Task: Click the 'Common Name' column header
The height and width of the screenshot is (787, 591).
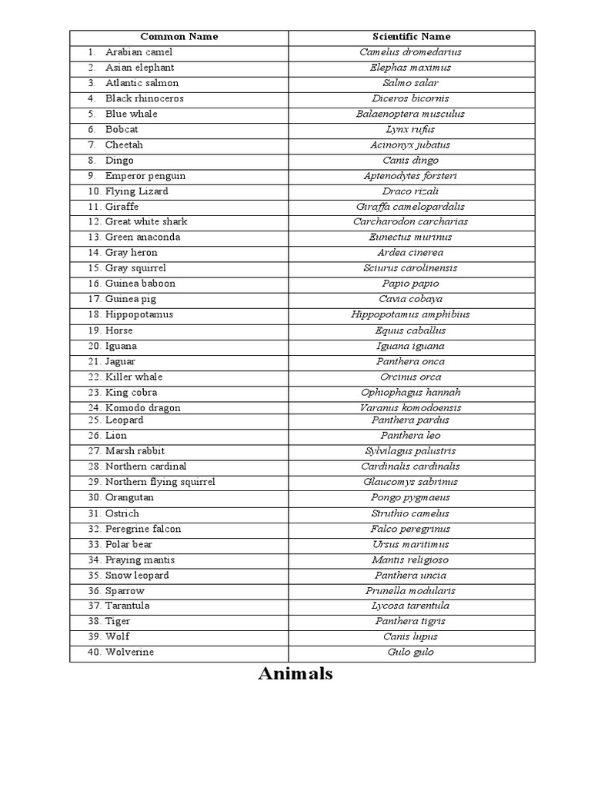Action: click(179, 36)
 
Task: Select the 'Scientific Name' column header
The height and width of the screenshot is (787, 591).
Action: click(411, 36)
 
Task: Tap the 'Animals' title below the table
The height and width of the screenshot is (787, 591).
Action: click(295, 674)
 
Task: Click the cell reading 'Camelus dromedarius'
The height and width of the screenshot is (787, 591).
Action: click(411, 52)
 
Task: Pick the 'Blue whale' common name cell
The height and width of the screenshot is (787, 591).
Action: click(131, 114)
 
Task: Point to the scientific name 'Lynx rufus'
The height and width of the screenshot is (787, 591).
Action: click(411, 129)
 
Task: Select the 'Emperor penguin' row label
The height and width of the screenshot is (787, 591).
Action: click(145, 176)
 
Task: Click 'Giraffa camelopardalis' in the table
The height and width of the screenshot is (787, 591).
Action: click(411, 207)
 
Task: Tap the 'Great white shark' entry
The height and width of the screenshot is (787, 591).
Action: click(146, 221)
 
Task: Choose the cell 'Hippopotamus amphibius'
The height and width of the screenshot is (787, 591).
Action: click(411, 314)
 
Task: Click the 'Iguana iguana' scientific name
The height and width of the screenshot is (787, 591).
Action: click(411, 346)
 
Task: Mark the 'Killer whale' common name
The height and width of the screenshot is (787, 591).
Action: click(134, 377)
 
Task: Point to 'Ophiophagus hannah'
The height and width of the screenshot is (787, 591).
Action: click(411, 392)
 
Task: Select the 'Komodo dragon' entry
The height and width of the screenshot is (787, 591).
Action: click(142, 407)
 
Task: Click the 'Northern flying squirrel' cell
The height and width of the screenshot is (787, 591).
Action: click(160, 482)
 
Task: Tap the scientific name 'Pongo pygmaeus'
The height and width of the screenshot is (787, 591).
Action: click(411, 497)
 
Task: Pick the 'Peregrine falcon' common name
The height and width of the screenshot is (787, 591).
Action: click(143, 529)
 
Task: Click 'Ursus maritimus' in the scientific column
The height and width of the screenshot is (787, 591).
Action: click(411, 544)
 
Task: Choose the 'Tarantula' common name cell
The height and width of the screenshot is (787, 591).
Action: click(127, 606)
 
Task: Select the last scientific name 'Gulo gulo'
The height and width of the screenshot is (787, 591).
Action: click(411, 652)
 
